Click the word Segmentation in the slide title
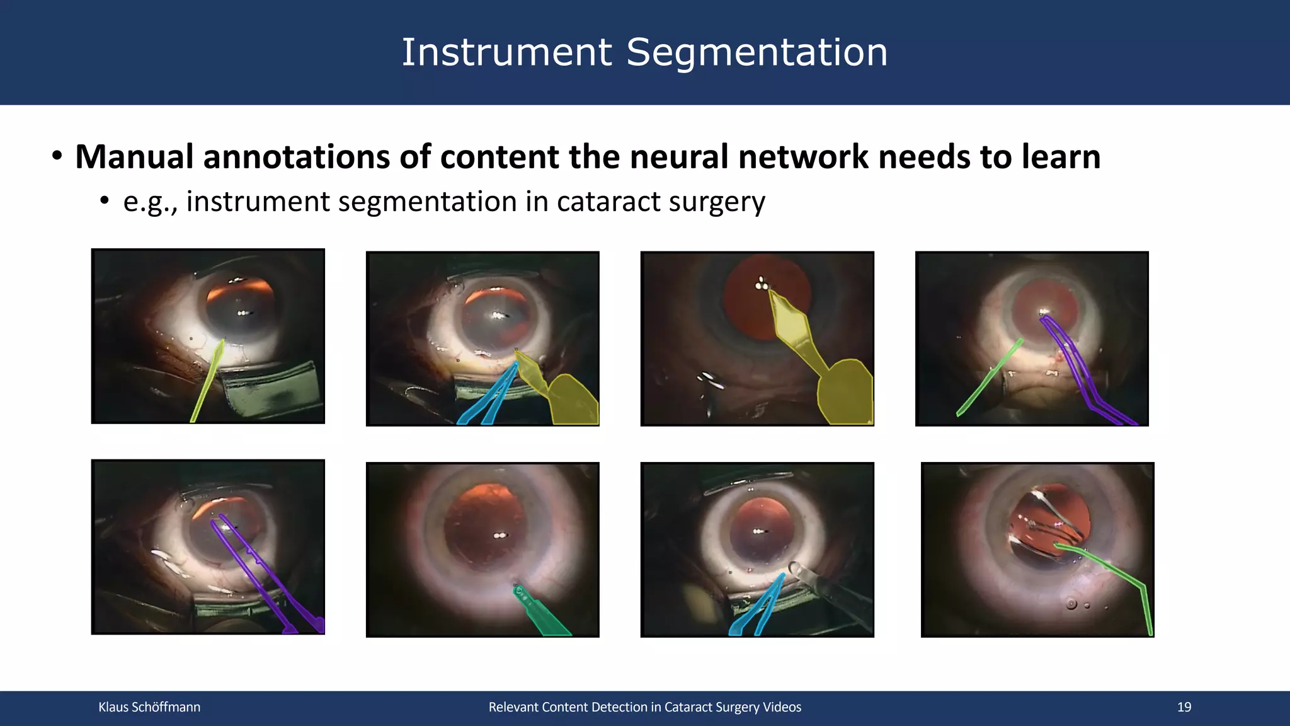pos(756,53)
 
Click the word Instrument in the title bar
pos(506,53)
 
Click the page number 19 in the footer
pos(1184,707)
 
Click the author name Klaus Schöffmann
pos(149,707)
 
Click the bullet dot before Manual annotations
pos(57,156)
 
